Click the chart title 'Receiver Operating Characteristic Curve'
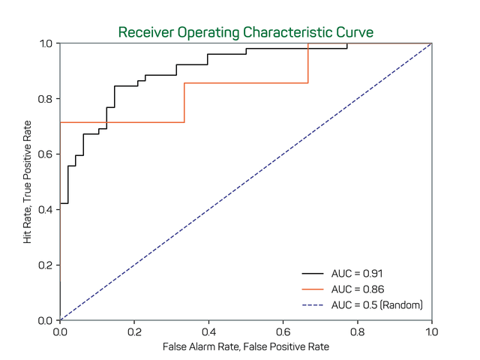246,33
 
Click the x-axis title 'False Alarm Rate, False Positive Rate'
246,347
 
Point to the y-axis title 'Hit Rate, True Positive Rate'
28,181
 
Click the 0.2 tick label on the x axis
134,331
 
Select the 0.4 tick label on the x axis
208,331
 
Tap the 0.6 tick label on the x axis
283,331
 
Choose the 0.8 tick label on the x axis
358,331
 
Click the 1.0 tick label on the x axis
432,331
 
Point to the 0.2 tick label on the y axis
46,265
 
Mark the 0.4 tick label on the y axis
46,209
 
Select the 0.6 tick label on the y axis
46,154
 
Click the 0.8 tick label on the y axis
46,99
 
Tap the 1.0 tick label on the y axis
46,43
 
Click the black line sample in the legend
313,273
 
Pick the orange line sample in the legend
313,289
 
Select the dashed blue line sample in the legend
313,304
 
